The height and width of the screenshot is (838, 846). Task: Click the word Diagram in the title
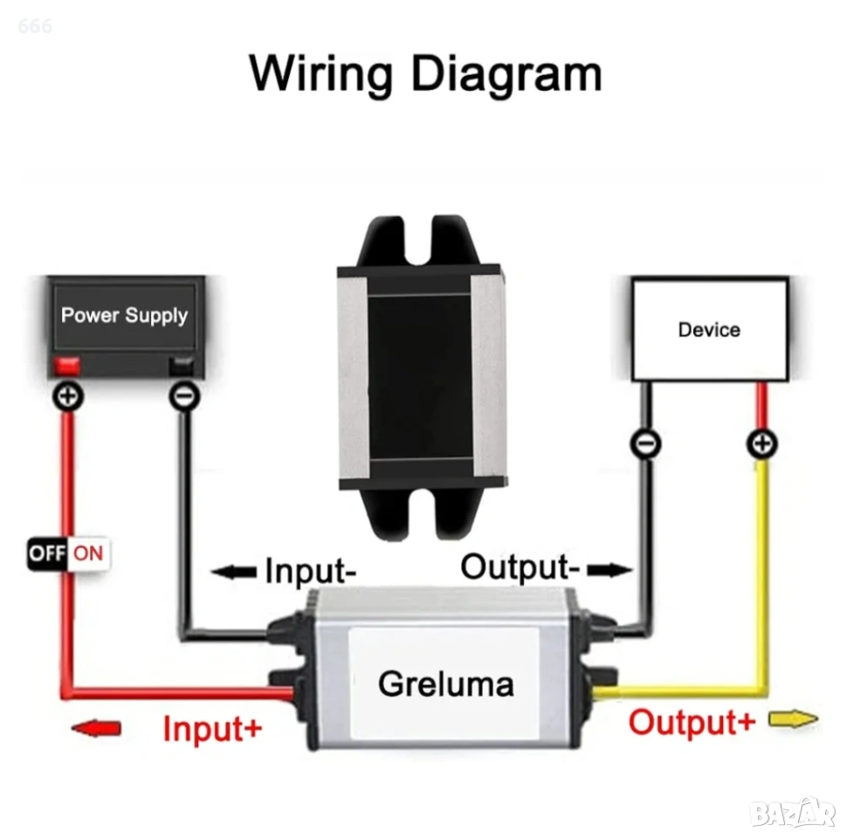coord(506,73)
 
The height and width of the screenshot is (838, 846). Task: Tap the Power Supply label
coord(125,315)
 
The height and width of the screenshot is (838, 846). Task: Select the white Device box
coord(709,329)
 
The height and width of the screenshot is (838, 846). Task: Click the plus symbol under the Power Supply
coord(68,397)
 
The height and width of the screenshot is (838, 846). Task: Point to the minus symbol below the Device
coord(645,444)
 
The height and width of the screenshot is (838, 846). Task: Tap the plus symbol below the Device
coord(762,444)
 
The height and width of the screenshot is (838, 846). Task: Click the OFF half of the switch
coord(48,553)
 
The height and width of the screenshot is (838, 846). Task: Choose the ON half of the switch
coord(88,553)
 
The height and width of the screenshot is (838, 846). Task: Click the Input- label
coord(310,573)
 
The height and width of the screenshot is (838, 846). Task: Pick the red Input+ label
coord(212,728)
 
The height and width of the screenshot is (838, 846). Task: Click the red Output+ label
coord(692,722)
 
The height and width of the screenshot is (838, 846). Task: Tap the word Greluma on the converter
coord(445,683)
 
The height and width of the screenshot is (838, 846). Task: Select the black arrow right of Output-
coord(609,571)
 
